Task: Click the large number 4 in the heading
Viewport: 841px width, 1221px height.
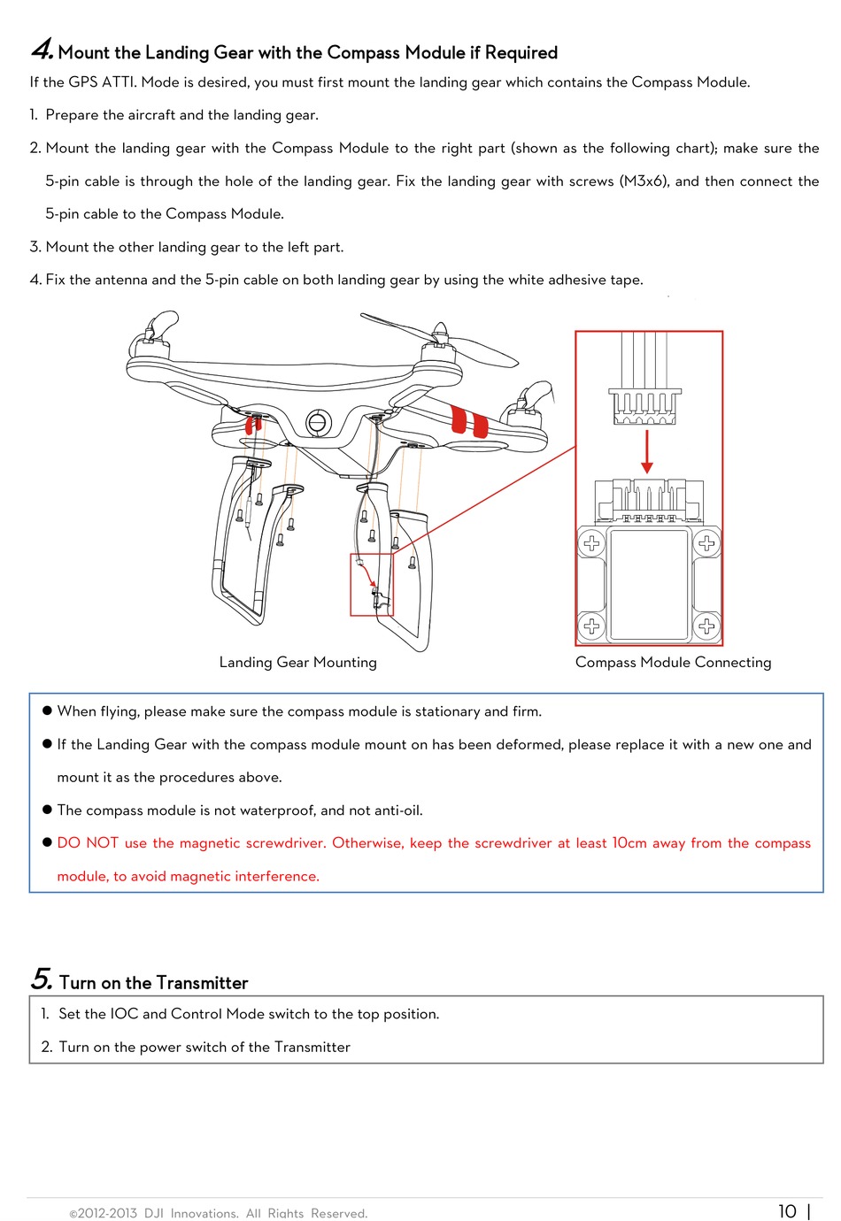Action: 41,50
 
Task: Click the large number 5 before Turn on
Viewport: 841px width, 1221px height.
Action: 41,979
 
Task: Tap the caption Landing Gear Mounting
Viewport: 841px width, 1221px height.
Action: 297,662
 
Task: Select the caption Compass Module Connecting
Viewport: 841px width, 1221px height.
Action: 673,662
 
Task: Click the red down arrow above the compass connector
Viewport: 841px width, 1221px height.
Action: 647,451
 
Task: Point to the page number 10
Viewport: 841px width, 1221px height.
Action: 787,1211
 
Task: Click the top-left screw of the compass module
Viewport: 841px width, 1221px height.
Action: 591,543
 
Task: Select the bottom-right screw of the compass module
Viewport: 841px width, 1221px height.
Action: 706,626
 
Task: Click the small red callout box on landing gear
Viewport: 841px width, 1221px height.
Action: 372,585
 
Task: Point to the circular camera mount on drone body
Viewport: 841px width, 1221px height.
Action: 317,423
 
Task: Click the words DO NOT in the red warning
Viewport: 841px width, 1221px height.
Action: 88,843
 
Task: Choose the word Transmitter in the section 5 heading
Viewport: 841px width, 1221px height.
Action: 204,983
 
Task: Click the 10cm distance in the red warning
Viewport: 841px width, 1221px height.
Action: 629,843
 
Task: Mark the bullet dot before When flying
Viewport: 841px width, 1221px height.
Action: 48,710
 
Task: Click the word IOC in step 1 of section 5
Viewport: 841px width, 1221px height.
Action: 124,1014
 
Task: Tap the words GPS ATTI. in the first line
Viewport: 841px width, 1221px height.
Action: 103,82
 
